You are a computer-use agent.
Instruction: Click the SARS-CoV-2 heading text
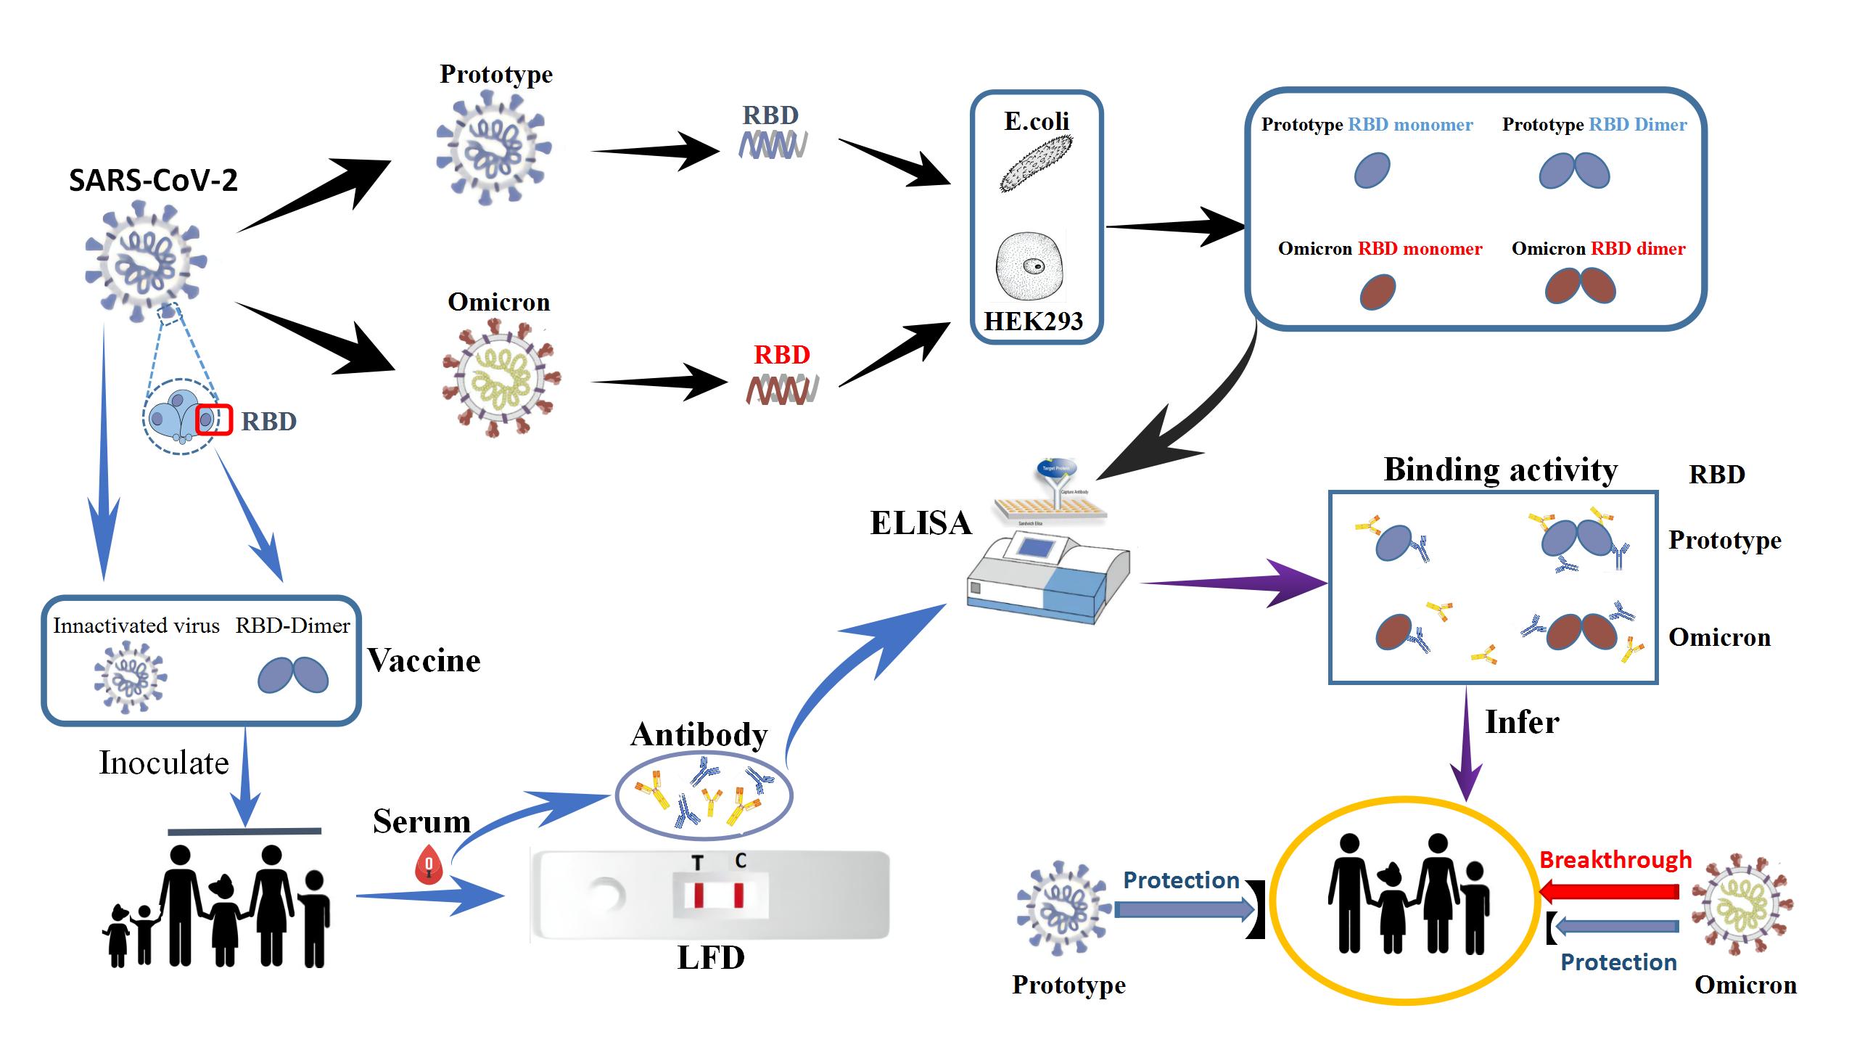point(153,180)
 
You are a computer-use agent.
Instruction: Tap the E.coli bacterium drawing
point(1037,164)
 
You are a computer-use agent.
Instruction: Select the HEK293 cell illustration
point(1031,266)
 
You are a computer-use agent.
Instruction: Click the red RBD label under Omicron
point(781,355)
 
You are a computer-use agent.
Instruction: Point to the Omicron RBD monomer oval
point(1377,292)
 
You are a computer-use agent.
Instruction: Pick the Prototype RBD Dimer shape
point(1574,171)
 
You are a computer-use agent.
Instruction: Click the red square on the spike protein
point(213,419)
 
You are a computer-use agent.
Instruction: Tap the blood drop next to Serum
point(429,864)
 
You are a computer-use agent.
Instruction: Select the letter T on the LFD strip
point(698,862)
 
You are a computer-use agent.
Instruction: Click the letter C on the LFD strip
point(740,861)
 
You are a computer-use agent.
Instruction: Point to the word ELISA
point(921,523)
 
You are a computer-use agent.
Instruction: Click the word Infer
point(1521,723)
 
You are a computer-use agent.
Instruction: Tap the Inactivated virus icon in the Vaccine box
point(131,678)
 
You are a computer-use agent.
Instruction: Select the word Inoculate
point(164,763)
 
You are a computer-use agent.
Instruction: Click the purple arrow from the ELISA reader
point(1233,583)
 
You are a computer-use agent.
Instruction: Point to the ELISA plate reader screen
point(1037,545)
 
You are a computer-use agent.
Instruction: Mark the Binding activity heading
point(1500,470)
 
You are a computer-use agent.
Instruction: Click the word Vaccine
point(424,661)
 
